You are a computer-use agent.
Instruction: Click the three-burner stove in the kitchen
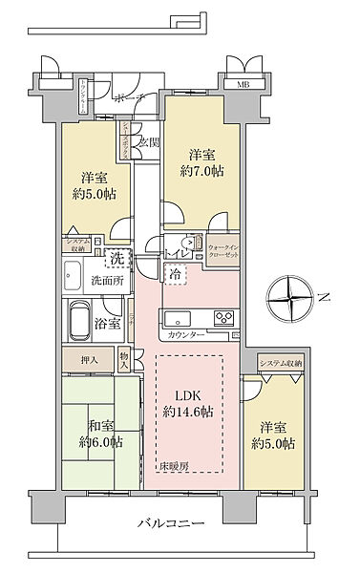222,318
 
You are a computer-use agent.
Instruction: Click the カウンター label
185,336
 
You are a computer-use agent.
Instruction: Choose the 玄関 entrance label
148,144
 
